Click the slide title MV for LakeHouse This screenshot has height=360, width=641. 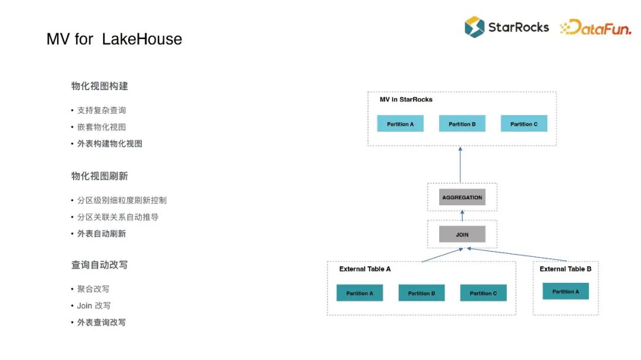click(x=114, y=39)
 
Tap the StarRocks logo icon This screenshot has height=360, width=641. click(x=474, y=27)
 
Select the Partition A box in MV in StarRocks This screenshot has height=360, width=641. click(x=400, y=123)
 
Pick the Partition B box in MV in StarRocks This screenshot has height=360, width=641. click(x=462, y=123)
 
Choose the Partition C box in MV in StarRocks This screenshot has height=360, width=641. click(x=523, y=123)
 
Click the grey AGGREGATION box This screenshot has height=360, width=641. click(x=462, y=197)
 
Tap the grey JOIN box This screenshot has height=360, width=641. click(x=462, y=234)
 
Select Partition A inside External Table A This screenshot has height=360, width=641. click(x=359, y=293)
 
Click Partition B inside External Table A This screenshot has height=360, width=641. click(x=421, y=293)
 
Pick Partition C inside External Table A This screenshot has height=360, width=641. click(x=483, y=293)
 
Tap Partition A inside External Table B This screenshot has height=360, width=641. click(x=565, y=291)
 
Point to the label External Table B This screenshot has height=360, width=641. click(x=565, y=269)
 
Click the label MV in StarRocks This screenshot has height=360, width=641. click(x=406, y=100)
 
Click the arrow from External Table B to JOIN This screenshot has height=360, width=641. click(x=516, y=254)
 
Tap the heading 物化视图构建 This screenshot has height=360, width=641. click(x=100, y=86)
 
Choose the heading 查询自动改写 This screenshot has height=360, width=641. click(x=100, y=265)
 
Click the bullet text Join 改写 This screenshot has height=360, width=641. click(x=94, y=305)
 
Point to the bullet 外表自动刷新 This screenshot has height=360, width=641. click(x=101, y=234)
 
